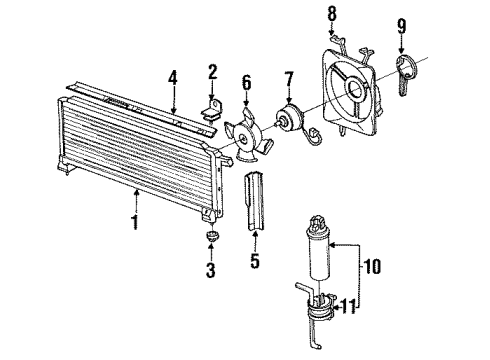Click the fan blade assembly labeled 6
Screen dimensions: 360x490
246,138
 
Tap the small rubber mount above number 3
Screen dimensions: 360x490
212,237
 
